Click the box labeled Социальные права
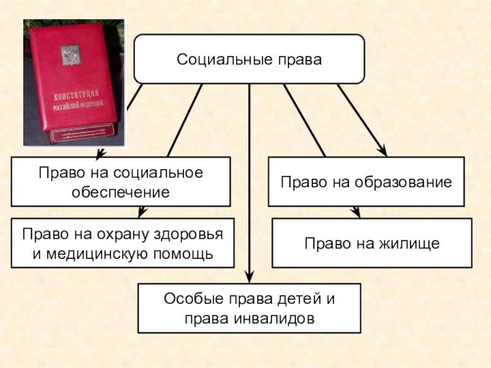point(249,59)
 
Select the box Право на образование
point(366,182)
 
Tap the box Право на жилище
point(372,243)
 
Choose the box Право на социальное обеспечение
point(121,182)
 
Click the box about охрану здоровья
point(123,243)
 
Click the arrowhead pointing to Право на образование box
point(382,151)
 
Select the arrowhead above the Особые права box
point(249,277)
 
